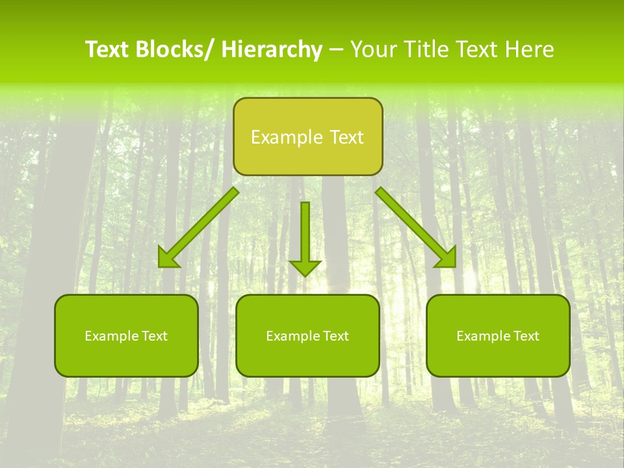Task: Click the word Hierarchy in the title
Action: click(272, 50)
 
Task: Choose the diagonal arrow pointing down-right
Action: click(415, 227)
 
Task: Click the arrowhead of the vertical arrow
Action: click(305, 267)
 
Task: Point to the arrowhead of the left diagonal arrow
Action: click(167, 259)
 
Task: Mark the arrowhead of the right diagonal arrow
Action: click(448, 259)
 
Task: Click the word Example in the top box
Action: click(278, 137)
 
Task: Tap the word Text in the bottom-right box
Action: click(526, 336)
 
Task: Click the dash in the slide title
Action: click(336, 50)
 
